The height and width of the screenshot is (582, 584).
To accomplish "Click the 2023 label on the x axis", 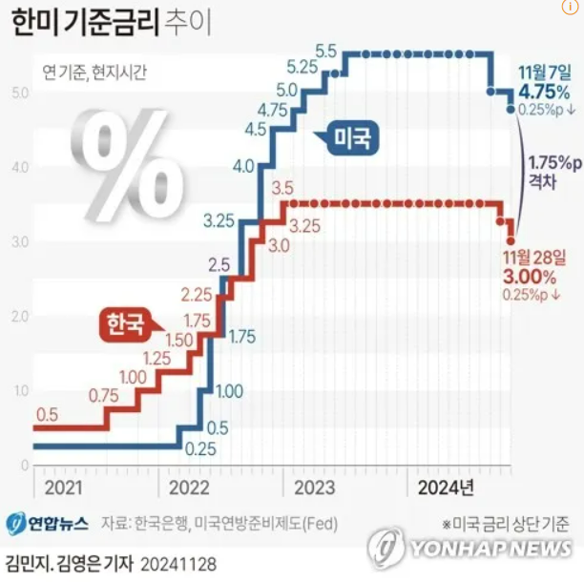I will [314, 488].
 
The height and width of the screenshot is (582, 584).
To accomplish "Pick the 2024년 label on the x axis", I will [446, 488].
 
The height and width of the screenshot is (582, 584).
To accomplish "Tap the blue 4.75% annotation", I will [543, 93].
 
